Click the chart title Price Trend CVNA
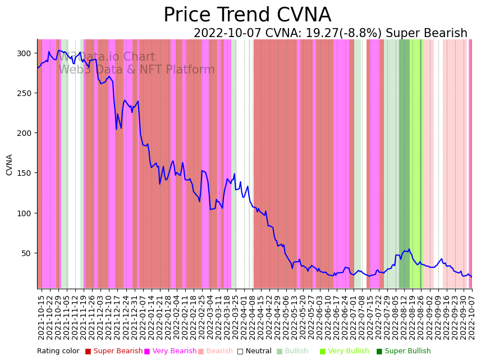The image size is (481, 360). coord(247,15)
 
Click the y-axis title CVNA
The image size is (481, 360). coord(10,165)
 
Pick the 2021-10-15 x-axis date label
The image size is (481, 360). coord(41,317)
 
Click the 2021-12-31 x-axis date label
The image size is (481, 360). coord(134,317)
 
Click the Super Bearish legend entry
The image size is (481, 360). coord(114,352)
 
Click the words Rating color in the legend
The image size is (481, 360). coord(58,352)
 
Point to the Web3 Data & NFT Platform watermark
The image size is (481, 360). coord(136,70)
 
